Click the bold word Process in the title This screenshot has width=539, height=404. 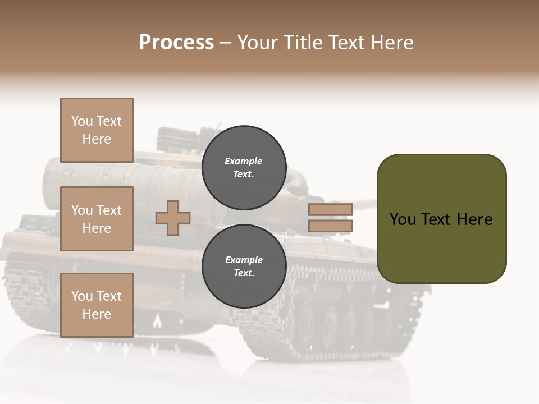176,43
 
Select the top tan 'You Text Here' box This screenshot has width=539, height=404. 97,130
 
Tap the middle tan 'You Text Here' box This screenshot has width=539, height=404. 97,219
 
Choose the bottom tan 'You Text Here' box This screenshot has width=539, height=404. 97,305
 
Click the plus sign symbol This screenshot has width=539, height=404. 172,218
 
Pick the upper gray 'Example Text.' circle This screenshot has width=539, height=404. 244,164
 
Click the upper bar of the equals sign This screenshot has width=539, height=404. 330,209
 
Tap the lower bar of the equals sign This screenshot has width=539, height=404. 330,226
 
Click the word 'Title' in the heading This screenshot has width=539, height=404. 303,43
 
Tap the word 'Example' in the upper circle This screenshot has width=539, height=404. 244,161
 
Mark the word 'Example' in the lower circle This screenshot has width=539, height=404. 244,260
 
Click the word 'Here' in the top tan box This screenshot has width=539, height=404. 97,139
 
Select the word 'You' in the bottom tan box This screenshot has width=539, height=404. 81,296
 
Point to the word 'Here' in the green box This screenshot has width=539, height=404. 474,219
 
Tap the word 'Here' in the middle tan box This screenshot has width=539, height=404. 97,228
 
